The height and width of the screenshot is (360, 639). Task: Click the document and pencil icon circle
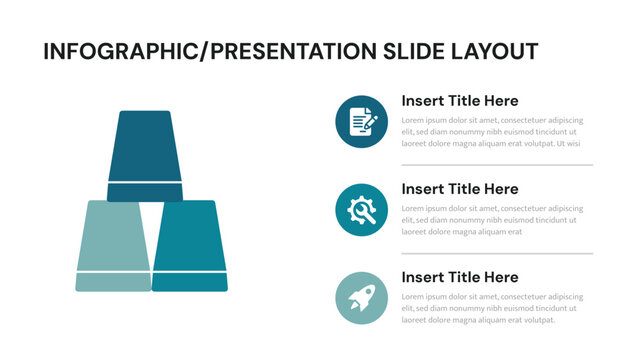coord(362,122)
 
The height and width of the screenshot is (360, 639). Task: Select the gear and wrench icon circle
coord(362,210)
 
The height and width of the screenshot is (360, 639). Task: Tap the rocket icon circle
coord(362,298)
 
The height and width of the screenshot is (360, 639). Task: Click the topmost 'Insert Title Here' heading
coord(459,101)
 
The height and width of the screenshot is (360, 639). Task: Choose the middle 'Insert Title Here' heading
coord(459,189)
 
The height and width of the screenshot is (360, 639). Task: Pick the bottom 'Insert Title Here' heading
coord(459,277)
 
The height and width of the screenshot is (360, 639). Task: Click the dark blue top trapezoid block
coord(145,145)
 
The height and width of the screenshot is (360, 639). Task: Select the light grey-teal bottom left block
coord(112,234)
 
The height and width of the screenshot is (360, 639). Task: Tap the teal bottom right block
coord(190,234)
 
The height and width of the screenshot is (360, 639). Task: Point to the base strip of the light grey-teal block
coord(112,282)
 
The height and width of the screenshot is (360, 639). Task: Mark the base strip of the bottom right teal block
coord(190,282)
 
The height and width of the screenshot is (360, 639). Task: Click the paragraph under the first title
coord(491,131)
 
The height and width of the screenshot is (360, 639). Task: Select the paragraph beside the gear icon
coord(491,220)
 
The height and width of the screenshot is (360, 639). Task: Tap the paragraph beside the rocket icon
coord(491,308)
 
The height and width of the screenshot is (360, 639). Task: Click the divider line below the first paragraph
coord(497,165)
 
